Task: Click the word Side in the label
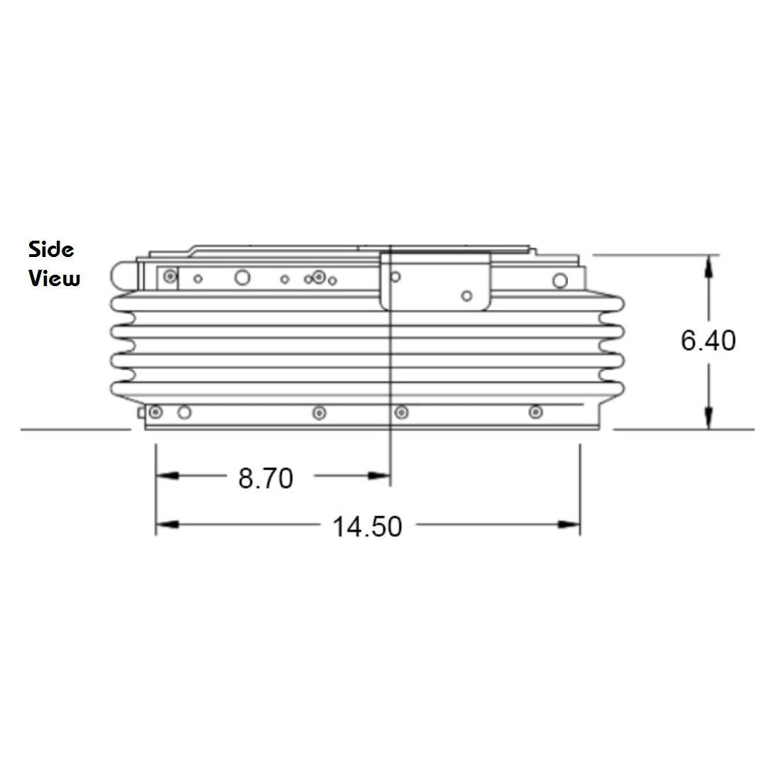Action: point(51,249)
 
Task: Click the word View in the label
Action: point(54,278)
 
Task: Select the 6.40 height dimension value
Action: point(708,341)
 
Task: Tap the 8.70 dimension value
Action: point(266,479)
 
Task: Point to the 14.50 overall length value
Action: point(367,527)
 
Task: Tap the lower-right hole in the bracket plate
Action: point(466,295)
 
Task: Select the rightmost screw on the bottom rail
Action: point(535,412)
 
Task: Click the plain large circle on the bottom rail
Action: point(184,412)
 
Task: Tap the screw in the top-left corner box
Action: point(168,276)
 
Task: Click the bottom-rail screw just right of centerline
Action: point(402,412)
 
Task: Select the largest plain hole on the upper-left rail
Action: point(242,278)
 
